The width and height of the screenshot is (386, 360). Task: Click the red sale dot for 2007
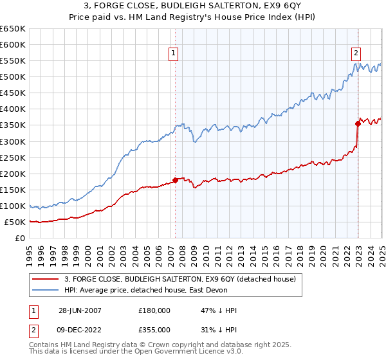click(175, 180)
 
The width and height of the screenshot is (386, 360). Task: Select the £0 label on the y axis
click(21, 239)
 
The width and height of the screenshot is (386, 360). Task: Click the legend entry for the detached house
click(179, 279)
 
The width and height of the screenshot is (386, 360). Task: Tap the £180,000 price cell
click(154, 310)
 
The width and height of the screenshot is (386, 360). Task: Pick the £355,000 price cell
click(154, 332)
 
